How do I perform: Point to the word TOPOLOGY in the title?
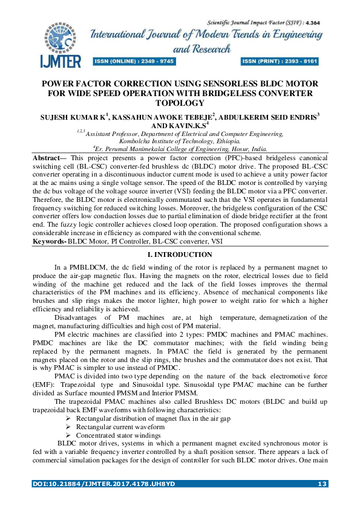point(180,103)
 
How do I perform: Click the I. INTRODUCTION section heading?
point(180,255)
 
